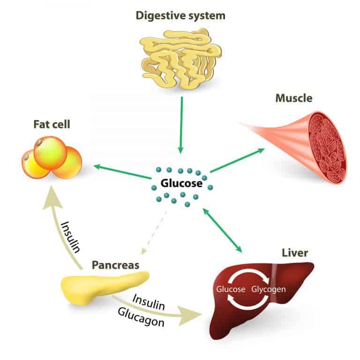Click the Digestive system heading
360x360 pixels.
(x=180, y=16)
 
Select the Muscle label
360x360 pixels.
(x=293, y=98)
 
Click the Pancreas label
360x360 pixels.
(x=115, y=265)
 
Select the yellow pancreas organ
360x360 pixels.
(x=105, y=286)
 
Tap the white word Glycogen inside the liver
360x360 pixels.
(x=269, y=289)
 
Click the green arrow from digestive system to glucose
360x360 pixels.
(x=180, y=129)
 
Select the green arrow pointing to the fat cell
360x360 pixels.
(x=122, y=172)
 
